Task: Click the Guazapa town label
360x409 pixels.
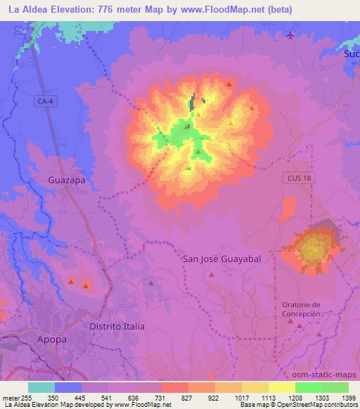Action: (66, 180)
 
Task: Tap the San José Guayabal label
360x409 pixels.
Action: (221, 259)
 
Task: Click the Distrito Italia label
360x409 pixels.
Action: (117, 327)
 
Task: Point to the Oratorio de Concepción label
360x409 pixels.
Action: (301, 309)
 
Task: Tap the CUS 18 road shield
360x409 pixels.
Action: (297, 178)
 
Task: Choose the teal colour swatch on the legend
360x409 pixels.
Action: (41, 387)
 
